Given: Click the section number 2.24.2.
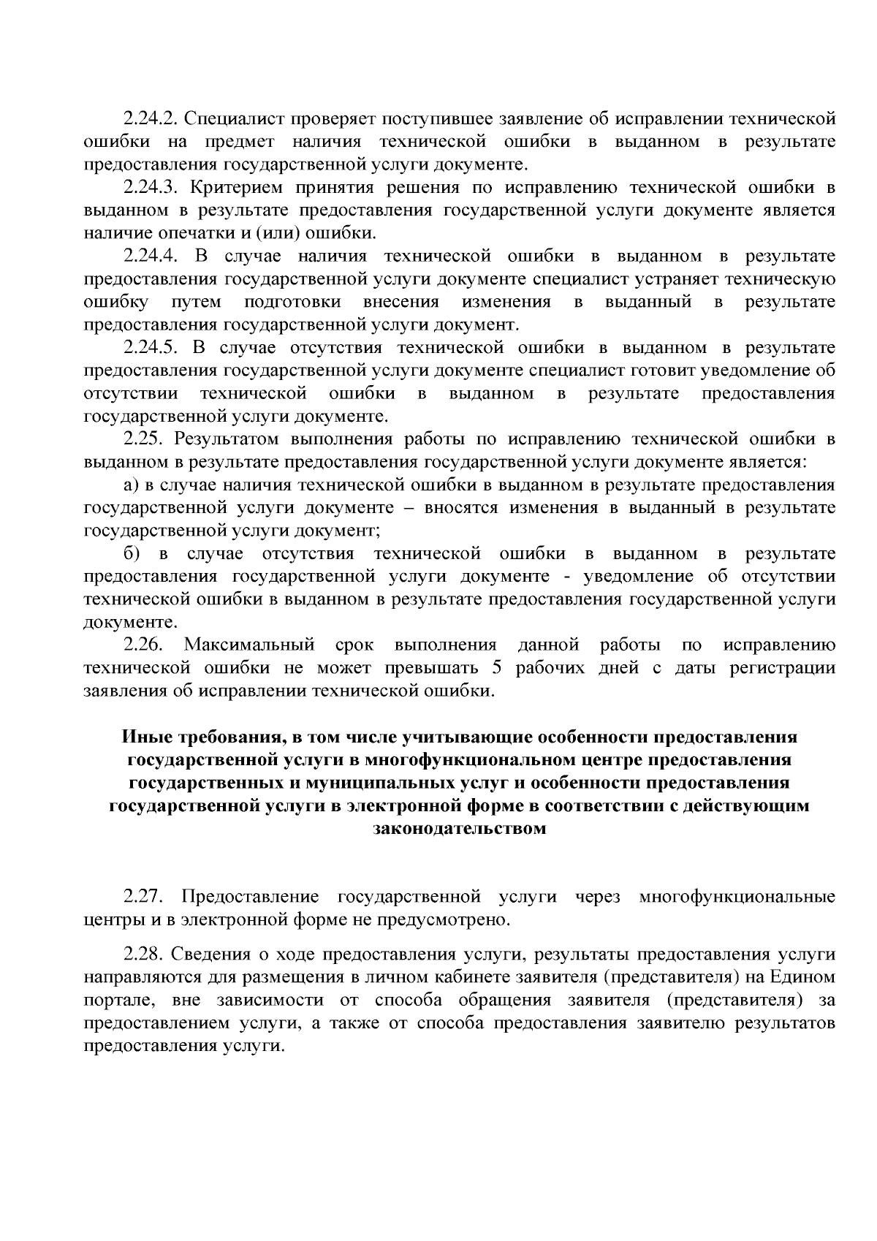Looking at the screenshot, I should [151, 118].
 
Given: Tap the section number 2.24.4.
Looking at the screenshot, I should [151, 256].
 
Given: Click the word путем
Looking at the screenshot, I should [196, 302].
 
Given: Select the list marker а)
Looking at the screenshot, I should [131, 485].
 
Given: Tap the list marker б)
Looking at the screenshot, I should [132, 554].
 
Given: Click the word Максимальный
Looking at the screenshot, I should [249, 645].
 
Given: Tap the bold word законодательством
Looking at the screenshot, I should [460, 829].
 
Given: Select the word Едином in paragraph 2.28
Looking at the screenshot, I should [806, 977].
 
